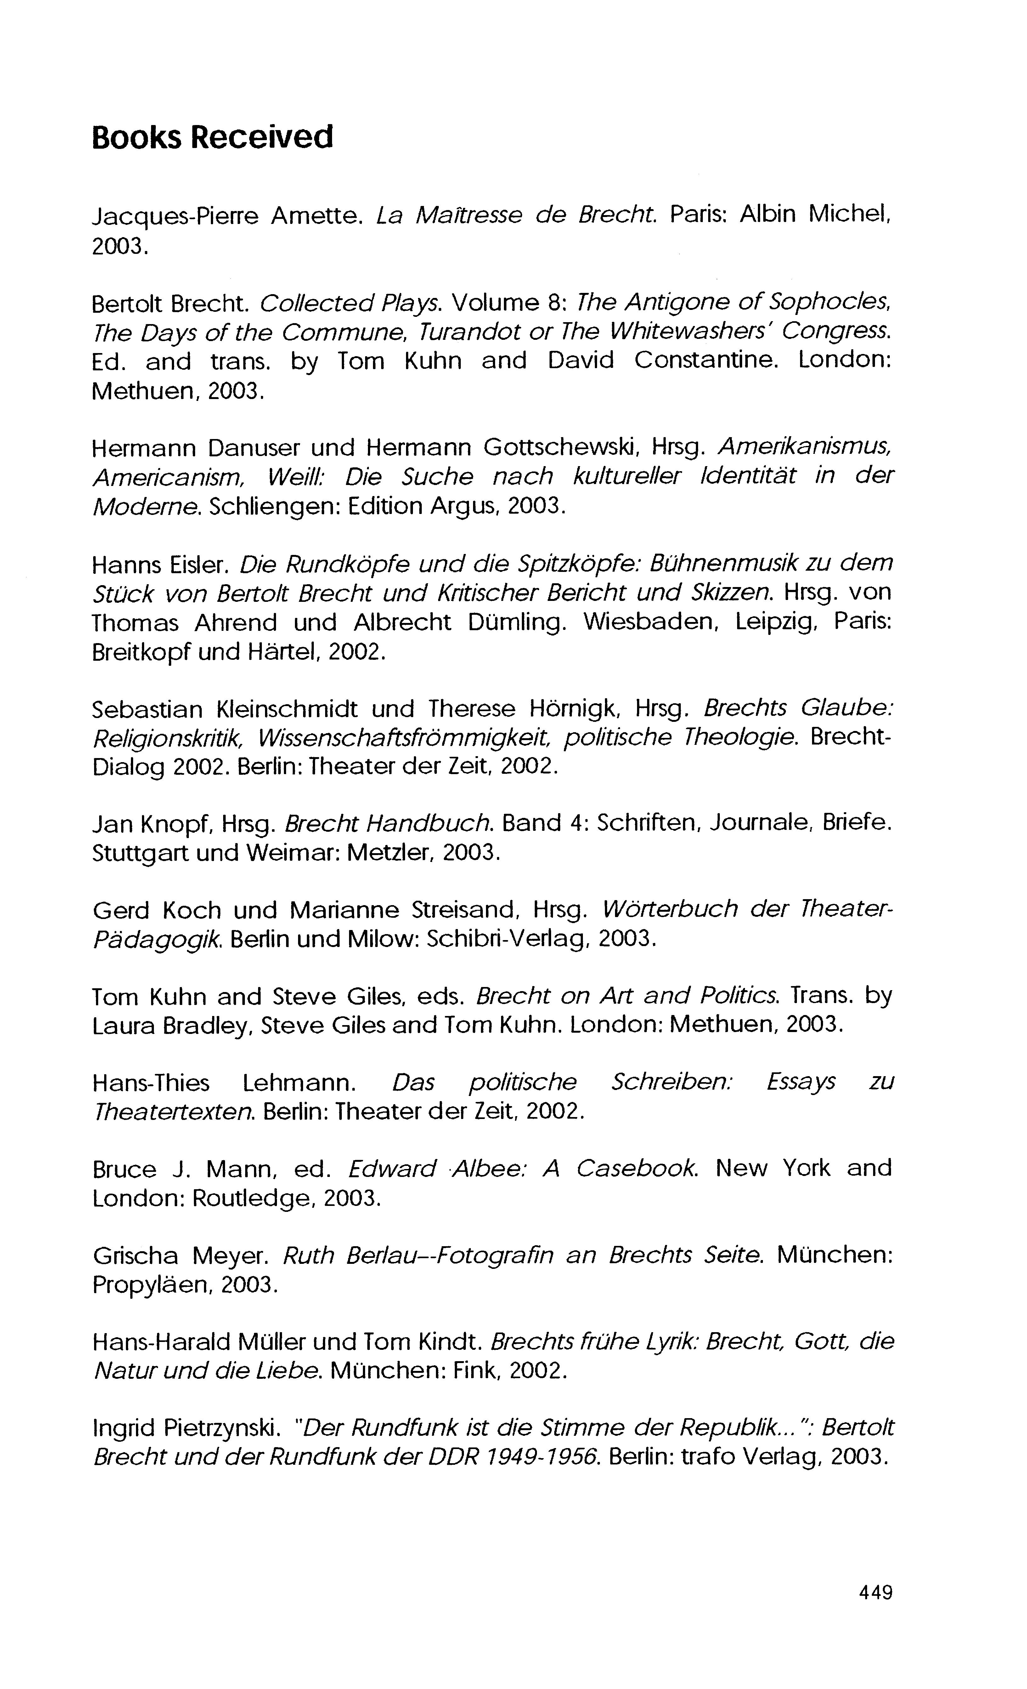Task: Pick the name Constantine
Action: (x=706, y=361)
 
